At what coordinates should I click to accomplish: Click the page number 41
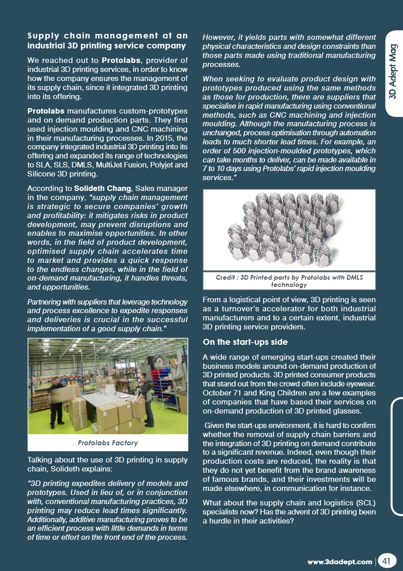point(386,561)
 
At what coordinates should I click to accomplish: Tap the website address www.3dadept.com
point(340,562)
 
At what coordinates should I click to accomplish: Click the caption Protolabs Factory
point(108,443)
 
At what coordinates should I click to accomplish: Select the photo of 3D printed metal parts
point(289,230)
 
